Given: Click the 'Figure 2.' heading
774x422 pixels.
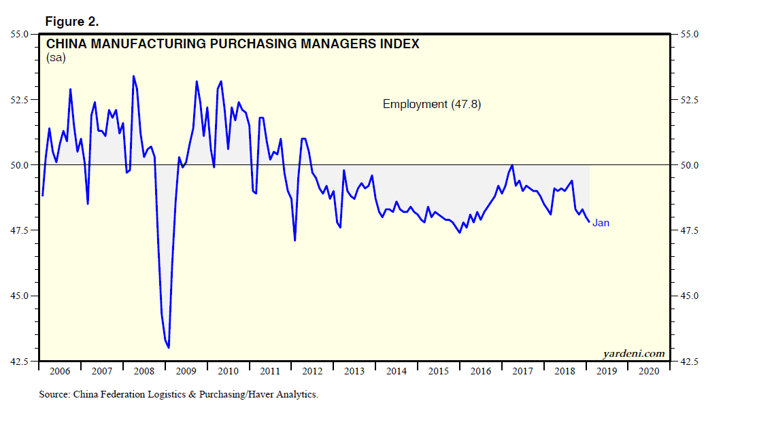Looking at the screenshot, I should (x=72, y=22).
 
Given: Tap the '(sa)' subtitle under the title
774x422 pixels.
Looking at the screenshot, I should (x=56, y=58).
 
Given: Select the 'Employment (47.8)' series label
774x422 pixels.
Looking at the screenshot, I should (x=432, y=104).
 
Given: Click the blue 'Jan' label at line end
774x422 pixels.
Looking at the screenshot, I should (x=601, y=222).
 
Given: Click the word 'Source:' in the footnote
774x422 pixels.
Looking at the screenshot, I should (x=54, y=394).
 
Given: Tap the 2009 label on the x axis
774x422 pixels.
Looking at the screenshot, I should (x=186, y=371).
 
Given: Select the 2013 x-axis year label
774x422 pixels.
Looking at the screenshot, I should (x=354, y=371).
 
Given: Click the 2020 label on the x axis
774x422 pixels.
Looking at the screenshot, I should (x=649, y=371).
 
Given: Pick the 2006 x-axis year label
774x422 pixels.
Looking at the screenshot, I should (x=60, y=371).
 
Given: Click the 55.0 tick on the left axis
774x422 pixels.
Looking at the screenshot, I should (x=19, y=34).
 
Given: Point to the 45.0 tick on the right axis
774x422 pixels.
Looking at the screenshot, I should (x=686, y=296).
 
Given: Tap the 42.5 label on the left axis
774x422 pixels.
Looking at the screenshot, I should (x=19, y=361).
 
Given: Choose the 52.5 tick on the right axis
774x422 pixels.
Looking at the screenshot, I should (x=686, y=100).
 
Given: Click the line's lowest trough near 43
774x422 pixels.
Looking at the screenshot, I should (x=169, y=348).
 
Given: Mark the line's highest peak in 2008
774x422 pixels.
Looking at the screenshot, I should (x=133, y=76).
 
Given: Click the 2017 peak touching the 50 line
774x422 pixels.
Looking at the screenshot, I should (x=512, y=165).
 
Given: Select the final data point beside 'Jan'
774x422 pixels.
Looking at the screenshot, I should (x=589, y=222).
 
